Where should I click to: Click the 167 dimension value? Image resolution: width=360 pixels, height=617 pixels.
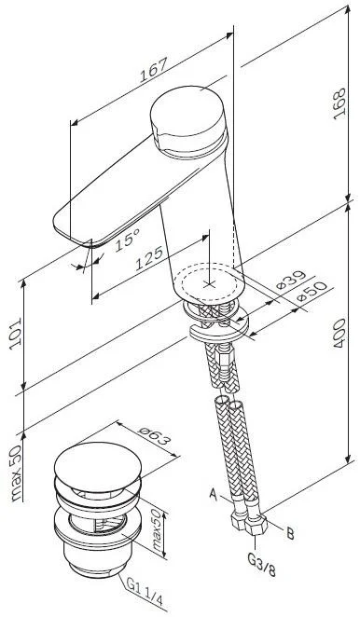coord(154,70)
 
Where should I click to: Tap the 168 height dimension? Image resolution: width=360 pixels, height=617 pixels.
coord(339,103)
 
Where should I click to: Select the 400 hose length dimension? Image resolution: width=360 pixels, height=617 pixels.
coord(339,333)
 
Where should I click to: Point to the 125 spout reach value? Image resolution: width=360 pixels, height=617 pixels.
coord(149,258)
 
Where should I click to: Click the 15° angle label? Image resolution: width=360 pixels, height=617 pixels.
coord(127,240)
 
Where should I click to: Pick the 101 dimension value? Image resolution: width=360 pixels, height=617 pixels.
coord(15,334)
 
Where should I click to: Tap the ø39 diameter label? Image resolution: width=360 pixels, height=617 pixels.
coord(291,280)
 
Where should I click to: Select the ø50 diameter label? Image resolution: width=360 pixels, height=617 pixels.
coord(312,291)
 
